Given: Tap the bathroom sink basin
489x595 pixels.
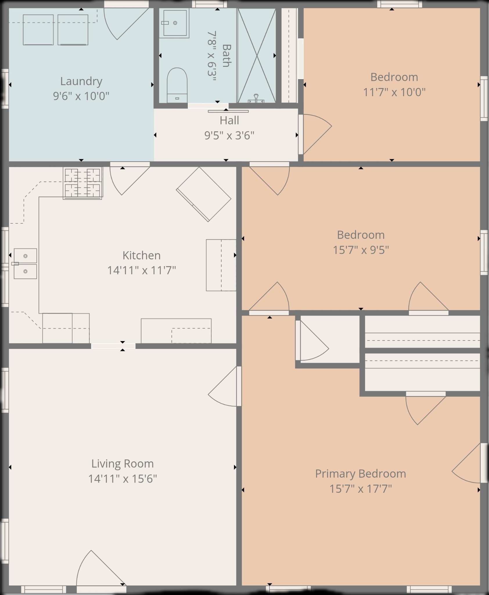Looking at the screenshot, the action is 175,23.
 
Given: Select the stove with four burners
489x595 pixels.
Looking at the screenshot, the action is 83,184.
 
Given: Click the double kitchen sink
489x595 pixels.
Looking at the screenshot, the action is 25,264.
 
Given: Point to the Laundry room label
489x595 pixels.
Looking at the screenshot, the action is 81,81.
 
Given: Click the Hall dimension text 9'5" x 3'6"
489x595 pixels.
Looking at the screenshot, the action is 229,135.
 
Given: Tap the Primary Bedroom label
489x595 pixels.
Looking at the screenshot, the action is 361,474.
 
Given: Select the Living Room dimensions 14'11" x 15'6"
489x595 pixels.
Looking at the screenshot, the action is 123,478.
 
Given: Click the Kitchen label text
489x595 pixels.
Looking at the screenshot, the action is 141,255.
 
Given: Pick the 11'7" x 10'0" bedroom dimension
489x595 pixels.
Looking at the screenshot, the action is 394,92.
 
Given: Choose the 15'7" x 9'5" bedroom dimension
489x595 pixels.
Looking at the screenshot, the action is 361,250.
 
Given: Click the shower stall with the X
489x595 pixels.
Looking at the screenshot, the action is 257,55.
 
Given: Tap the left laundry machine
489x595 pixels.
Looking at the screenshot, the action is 38,30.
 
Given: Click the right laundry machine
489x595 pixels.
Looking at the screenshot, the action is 73,30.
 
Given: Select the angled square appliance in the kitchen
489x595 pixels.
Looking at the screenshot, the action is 204,194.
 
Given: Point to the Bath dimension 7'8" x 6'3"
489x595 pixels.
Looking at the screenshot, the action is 212,56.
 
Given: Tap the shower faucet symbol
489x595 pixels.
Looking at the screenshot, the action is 256,98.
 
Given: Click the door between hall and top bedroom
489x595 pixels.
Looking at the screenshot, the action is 315,134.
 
